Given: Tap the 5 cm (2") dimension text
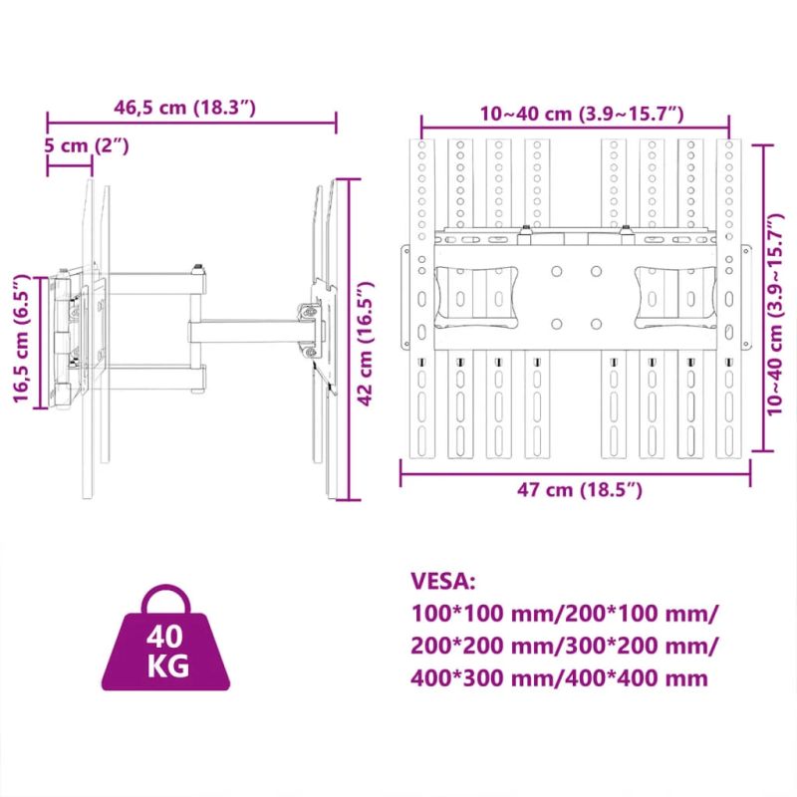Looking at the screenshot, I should click(x=88, y=145).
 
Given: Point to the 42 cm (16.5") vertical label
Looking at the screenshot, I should click(x=371, y=339).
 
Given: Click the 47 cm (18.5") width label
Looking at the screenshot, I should click(x=577, y=489).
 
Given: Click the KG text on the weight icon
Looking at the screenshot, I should click(x=166, y=665).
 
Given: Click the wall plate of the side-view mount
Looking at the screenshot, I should click(x=64, y=339).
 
